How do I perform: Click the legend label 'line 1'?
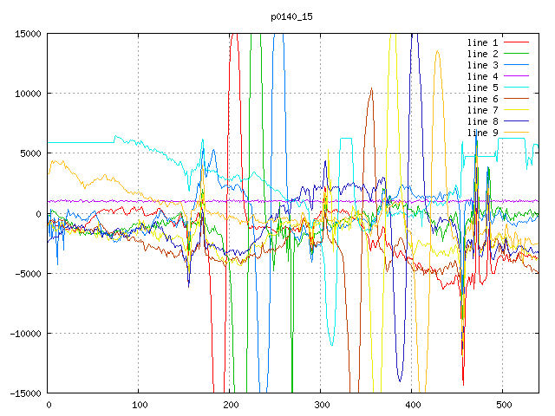(x=483, y=42)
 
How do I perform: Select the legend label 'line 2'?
(x=483, y=54)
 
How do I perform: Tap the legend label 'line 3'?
(x=483, y=65)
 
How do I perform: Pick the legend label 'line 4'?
(x=483, y=76)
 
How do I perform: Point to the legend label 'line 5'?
(x=483, y=88)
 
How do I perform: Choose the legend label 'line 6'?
(x=483, y=99)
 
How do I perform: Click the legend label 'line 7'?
(x=483, y=110)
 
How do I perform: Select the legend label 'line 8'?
(x=483, y=121)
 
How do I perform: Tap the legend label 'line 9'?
(x=483, y=133)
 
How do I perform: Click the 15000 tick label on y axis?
(x=28, y=34)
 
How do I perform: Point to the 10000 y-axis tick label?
(x=28, y=94)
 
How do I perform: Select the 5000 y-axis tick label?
(x=30, y=153)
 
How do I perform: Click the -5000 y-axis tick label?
(x=28, y=274)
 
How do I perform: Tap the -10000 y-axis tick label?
(x=25, y=334)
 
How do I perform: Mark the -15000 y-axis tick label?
(x=25, y=393)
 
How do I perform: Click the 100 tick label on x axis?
(x=139, y=405)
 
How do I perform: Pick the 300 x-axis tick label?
(x=321, y=405)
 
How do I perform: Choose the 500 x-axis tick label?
(x=503, y=405)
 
